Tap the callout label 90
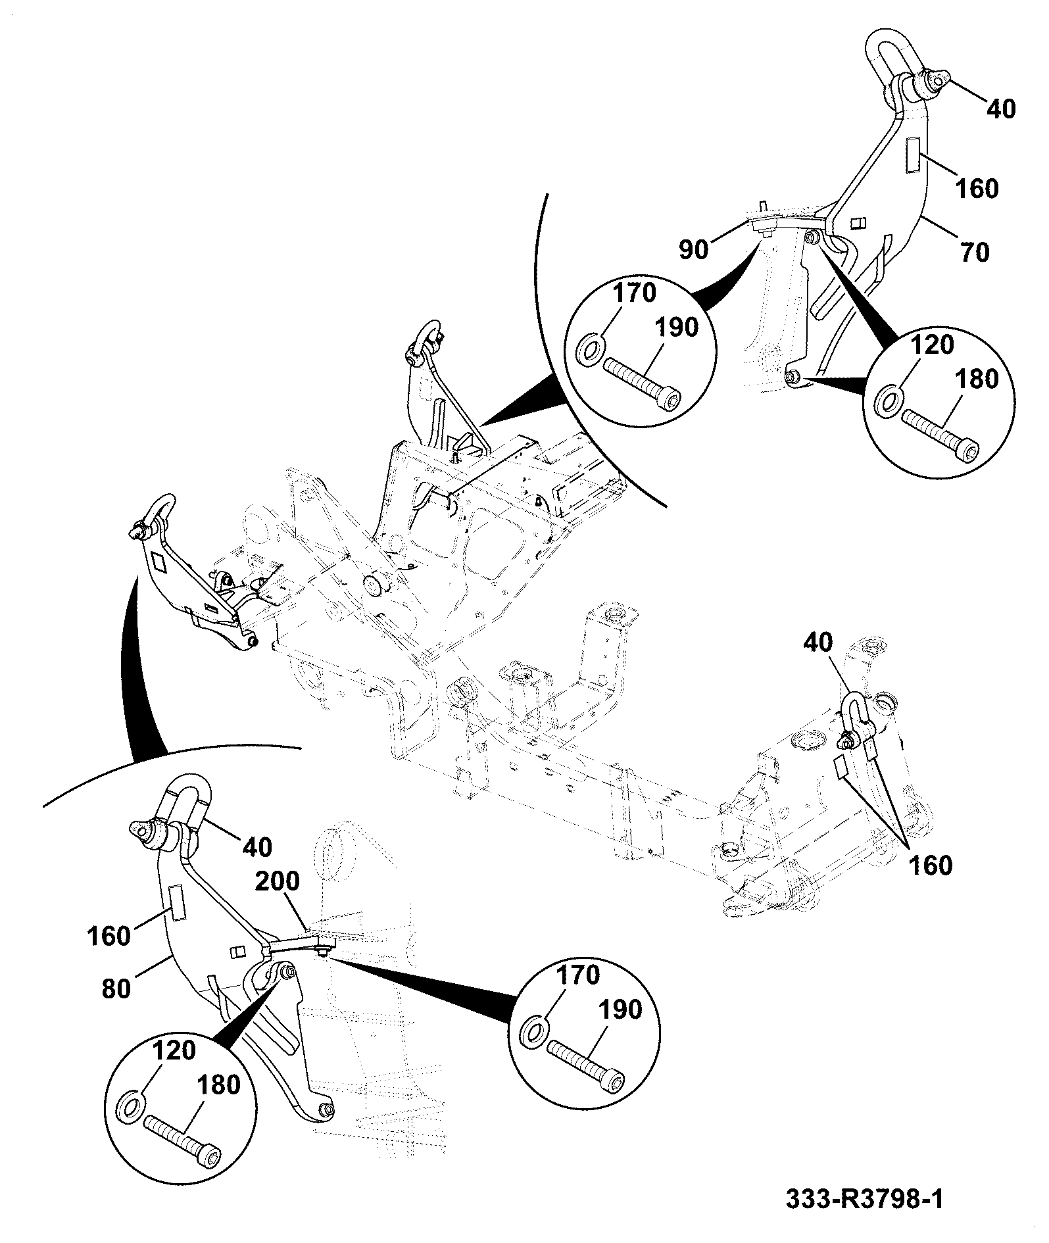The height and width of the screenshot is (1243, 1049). (693, 249)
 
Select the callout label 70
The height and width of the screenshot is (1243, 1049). (975, 252)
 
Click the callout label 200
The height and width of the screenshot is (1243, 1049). (277, 881)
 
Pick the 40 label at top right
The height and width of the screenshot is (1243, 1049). (1000, 109)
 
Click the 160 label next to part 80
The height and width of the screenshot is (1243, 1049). (109, 935)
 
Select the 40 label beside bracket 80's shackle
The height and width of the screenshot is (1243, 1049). (256, 847)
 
